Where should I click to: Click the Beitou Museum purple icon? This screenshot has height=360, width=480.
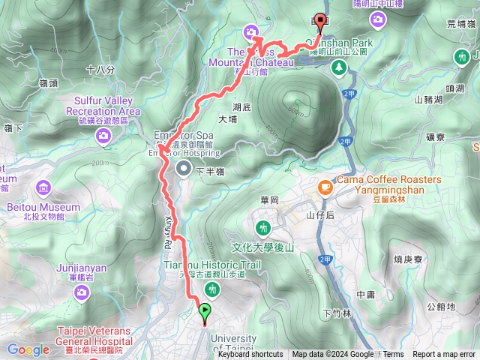(43, 187)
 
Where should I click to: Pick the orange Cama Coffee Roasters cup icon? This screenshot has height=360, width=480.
(325, 186)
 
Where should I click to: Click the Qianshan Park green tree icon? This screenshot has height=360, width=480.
(339, 67)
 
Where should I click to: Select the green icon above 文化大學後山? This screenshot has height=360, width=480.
(262, 227)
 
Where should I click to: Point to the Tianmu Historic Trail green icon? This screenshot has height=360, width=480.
(214, 289)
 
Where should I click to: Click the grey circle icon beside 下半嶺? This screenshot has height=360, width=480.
(183, 169)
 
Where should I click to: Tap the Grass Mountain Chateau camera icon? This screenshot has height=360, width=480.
(250, 31)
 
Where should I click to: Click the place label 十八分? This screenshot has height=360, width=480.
(100, 70)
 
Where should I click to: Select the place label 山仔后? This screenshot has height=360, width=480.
(320, 215)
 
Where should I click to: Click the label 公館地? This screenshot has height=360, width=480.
(441, 306)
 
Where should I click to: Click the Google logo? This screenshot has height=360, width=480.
(28, 349)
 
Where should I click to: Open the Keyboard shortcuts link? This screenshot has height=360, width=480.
(250, 355)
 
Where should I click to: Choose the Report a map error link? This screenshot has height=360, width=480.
(445, 355)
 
